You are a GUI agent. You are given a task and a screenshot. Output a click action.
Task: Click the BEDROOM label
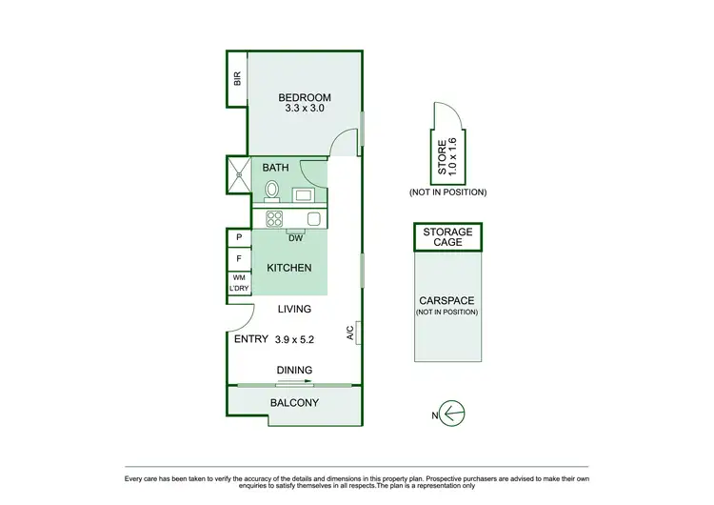304,97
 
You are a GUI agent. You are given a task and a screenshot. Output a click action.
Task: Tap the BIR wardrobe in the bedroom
237,79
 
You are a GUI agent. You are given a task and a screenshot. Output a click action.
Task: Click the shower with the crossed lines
237,175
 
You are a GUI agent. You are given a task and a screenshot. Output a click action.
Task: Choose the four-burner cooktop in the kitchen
276,219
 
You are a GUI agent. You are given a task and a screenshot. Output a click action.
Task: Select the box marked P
237,238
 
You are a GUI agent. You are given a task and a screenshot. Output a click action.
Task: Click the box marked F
237,259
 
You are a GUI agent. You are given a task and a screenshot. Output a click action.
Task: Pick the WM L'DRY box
237,283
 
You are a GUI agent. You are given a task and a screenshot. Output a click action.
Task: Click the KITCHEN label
288,269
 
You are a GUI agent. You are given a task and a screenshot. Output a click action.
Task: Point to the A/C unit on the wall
351,333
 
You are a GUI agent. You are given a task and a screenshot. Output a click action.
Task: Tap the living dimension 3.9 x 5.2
295,339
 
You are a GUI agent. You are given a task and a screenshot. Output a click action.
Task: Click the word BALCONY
294,403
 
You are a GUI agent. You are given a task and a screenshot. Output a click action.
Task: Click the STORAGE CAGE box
447,237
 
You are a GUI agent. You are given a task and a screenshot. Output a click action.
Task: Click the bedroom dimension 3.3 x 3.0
304,110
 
